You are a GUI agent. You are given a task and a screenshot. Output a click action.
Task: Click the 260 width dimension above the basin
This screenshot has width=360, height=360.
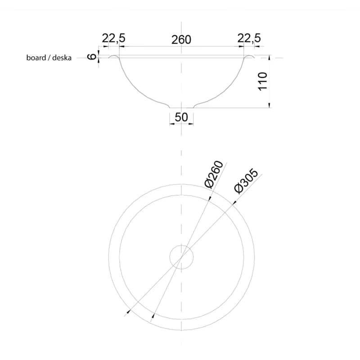point(181,40)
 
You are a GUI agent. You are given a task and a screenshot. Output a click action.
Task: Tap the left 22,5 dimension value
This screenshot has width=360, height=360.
point(114,38)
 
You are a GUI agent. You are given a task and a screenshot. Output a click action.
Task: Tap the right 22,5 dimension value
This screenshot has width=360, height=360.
point(249,38)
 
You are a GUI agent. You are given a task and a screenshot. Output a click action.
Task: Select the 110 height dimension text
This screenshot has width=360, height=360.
point(263,81)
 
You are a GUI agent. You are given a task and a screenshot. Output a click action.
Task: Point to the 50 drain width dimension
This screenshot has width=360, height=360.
point(181,117)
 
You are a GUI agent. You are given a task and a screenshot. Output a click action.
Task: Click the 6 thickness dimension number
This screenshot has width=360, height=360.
point(92,57)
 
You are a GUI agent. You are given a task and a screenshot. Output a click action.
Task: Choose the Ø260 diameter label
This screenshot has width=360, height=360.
point(214,175)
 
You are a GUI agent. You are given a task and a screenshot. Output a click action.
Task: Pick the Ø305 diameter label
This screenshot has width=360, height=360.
point(246,181)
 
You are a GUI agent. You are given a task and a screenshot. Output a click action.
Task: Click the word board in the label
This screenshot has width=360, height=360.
point(36,58)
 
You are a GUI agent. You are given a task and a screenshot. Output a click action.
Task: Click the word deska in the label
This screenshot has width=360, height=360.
point(62,58)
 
